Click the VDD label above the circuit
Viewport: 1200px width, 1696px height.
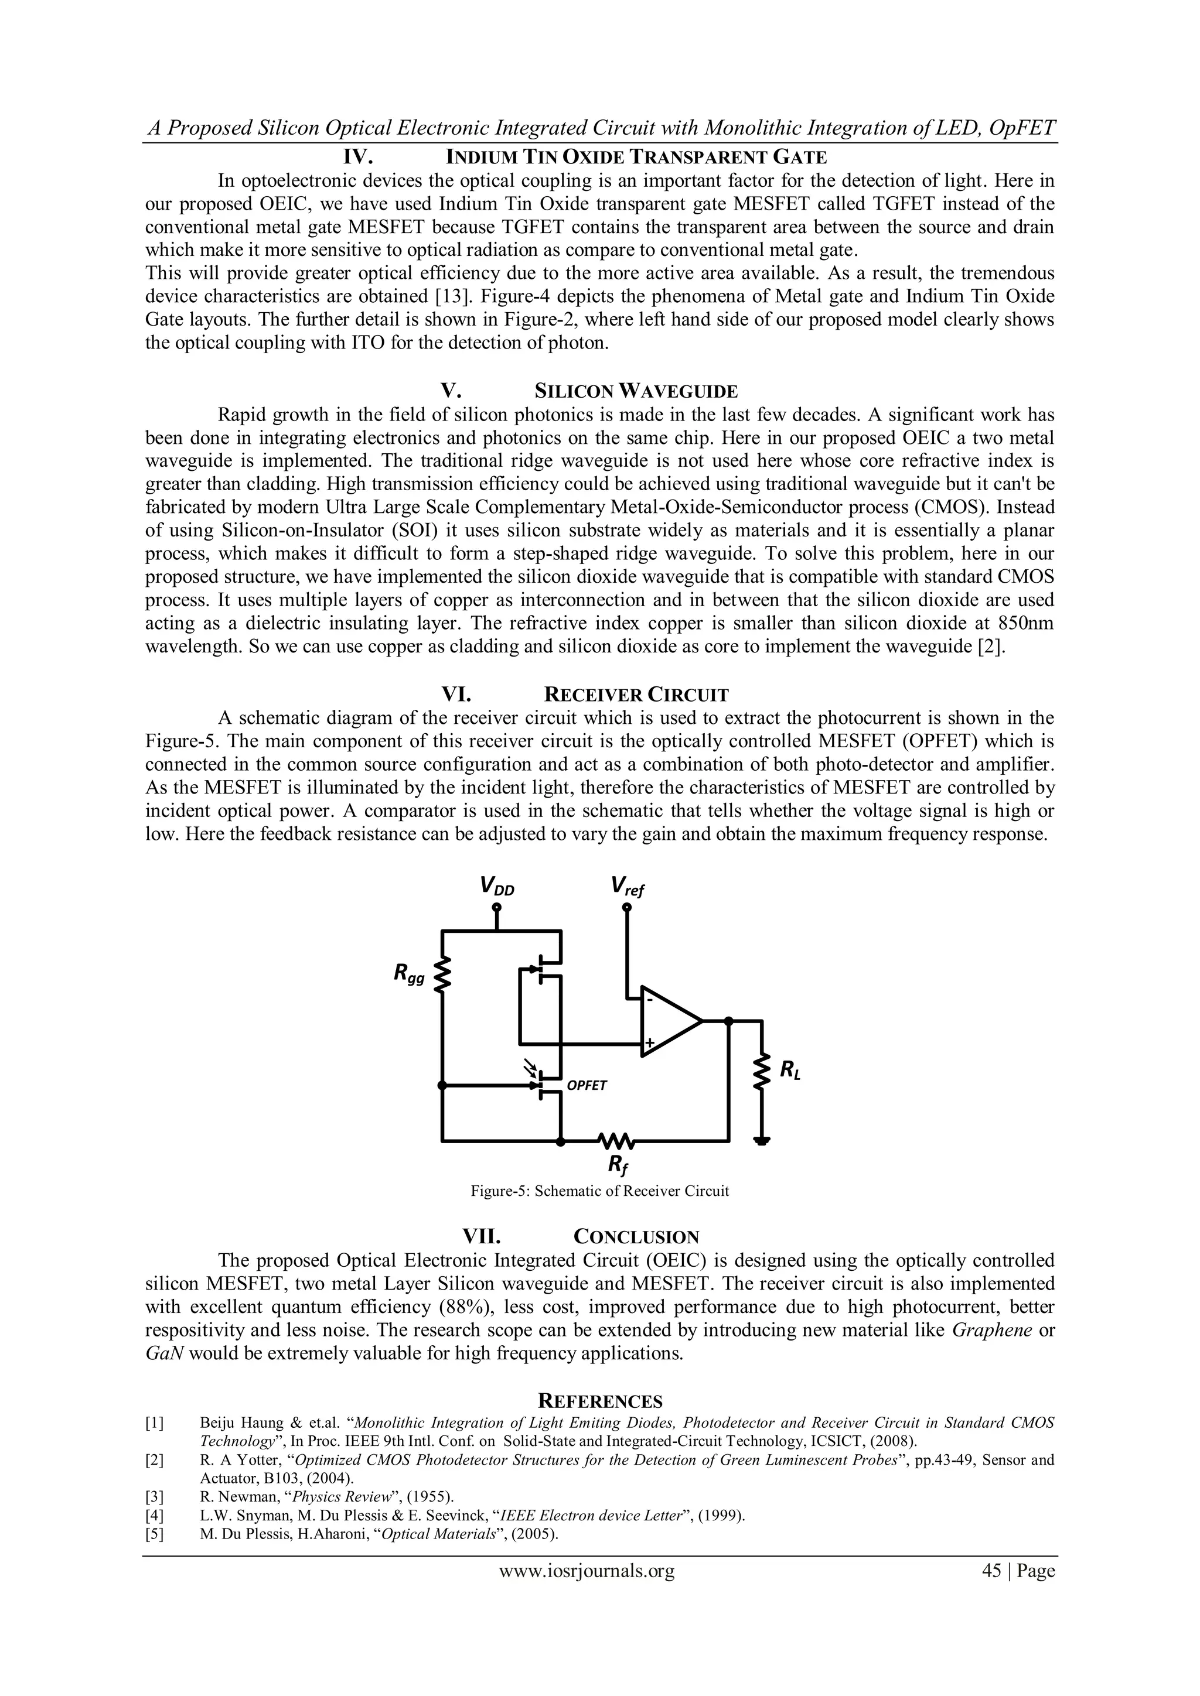[496, 885]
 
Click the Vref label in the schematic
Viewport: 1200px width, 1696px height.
[628, 885]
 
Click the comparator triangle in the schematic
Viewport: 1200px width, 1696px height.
[669, 1021]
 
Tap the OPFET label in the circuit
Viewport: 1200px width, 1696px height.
[586, 1085]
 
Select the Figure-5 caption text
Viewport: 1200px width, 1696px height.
[599, 1191]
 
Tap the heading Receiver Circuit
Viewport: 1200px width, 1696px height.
[636, 695]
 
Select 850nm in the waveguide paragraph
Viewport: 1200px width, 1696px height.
[1025, 624]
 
